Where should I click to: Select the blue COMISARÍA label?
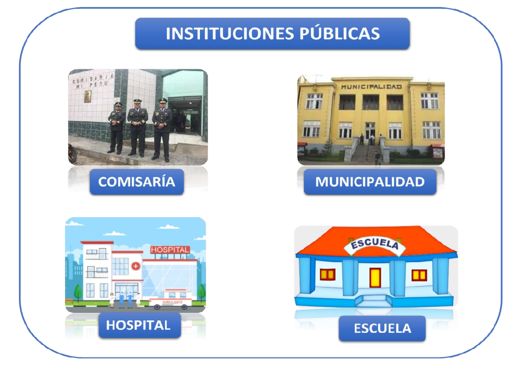click(x=137, y=182)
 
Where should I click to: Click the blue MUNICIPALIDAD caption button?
click(x=370, y=182)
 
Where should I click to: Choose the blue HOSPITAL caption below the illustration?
click(x=138, y=325)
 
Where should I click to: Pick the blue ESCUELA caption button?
click(x=382, y=329)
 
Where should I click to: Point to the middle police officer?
click(x=138, y=127)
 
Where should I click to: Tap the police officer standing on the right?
click(x=162, y=129)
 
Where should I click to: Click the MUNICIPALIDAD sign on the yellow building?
click(x=371, y=87)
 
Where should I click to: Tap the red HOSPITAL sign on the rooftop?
click(x=170, y=250)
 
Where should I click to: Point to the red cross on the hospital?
click(x=136, y=266)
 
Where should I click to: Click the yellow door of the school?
click(x=375, y=278)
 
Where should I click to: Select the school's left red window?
click(x=327, y=275)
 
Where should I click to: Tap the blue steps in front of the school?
click(x=374, y=300)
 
